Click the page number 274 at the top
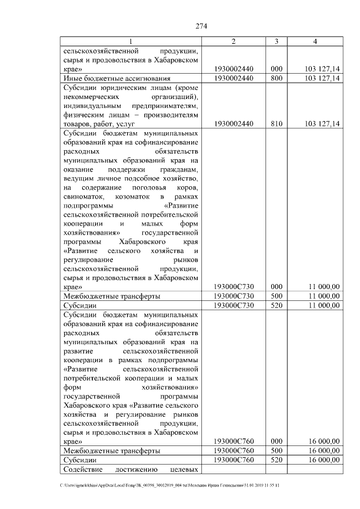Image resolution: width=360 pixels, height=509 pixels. click(202, 25)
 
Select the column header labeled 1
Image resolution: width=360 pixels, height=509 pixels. click(130, 42)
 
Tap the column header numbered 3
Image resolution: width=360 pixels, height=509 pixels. click(276, 42)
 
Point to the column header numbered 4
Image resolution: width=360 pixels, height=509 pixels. click(315, 42)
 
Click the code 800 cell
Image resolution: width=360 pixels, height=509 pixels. click(276, 78)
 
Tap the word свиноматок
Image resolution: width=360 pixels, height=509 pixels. click(84, 196)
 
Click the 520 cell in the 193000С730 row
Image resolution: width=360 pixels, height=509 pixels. click(276, 305)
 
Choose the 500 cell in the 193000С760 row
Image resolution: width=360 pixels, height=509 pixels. click(276, 451)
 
